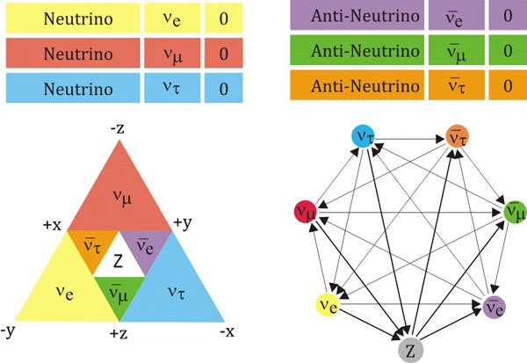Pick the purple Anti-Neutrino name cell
(352, 17)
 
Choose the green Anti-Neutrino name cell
(352, 53)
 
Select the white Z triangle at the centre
(119, 262)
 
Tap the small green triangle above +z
(119, 294)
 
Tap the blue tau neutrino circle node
(363, 136)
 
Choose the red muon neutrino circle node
(307, 212)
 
